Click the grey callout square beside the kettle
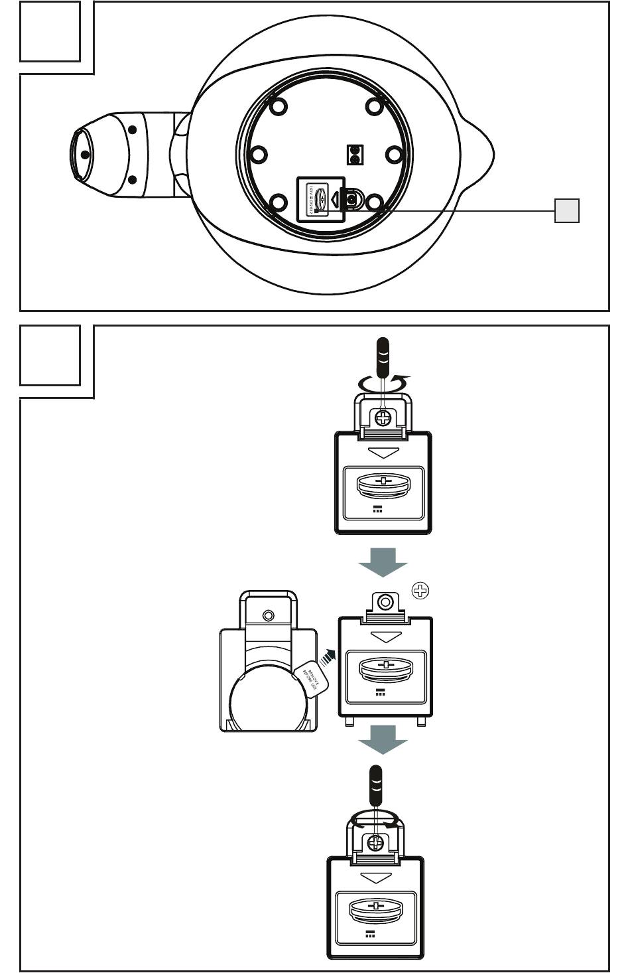point(567,210)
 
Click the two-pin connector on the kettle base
point(355,155)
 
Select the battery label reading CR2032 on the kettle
point(310,198)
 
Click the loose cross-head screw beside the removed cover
point(420,590)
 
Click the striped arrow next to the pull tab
point(327,659)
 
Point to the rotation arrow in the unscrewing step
point(383,383)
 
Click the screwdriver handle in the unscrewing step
point(383,356)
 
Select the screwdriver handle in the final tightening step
point(376,783)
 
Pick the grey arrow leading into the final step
point(383,739)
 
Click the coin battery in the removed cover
point(385,669)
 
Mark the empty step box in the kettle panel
point(50,32)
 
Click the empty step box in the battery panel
point(50,355)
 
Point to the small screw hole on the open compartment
point(269,615)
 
